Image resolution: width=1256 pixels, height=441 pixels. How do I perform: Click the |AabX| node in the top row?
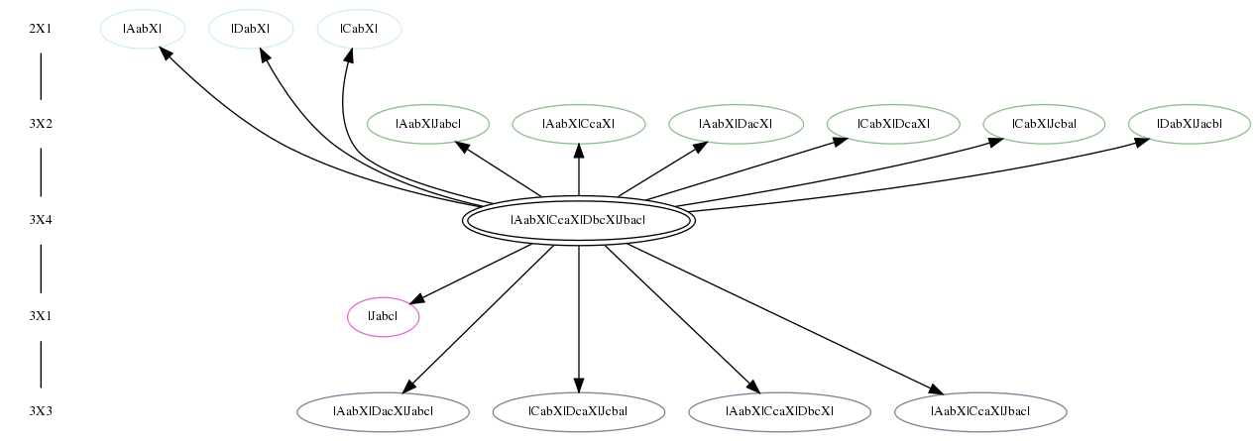[x=143, y=29]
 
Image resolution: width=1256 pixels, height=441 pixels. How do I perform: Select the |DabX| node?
[x=251, y=29]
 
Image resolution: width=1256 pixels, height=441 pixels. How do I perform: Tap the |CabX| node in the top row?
[x=360, y=29]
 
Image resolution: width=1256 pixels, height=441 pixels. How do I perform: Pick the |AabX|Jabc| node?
[x=428, y=124]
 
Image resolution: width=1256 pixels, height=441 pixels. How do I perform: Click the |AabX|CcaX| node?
[x=579, y=124]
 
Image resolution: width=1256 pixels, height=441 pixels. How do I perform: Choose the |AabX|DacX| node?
[x=736, y=124]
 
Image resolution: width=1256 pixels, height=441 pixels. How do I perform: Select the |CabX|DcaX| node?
[x=893, y=124]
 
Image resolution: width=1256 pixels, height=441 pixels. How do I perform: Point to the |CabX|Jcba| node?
[x=1044, y=124]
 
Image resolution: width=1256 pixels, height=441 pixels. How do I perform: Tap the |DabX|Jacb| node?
[x=1190, y=124]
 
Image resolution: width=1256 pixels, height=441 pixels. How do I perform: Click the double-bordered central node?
[x=579, y=220]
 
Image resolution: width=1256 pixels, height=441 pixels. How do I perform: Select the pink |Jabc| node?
[x=383, y=316]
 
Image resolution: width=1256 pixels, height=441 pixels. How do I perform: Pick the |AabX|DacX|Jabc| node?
[x=383, y=412]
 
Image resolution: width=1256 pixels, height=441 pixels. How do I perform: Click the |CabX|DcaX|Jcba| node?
[x=579, y=412]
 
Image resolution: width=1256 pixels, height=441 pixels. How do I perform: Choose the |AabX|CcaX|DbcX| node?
[x=779, y=412]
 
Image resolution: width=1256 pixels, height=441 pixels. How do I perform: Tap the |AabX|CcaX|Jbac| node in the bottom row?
[x=980, y=412]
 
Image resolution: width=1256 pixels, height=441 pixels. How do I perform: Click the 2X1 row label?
[x=41, y=29]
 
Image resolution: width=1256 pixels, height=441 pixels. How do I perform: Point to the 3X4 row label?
[x=41, y=220]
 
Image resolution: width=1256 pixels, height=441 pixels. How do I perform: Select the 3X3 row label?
[x=41, y=411]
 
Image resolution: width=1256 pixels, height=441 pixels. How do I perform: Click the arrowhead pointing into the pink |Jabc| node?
[x=417, y=299]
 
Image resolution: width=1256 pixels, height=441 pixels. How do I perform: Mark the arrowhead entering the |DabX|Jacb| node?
[x=1142, y=143]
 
